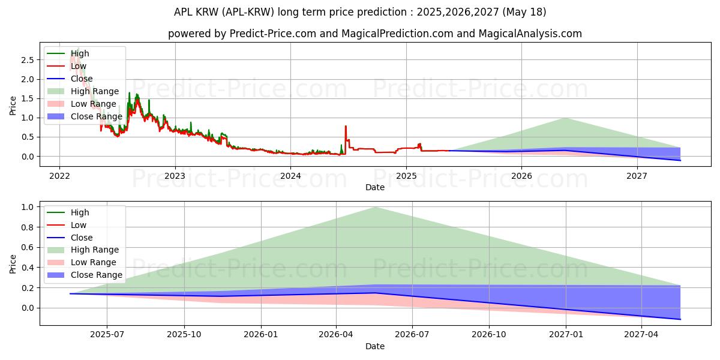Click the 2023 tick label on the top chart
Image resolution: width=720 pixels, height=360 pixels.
coord(175,176)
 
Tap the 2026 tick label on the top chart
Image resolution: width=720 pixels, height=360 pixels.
coord(521,176)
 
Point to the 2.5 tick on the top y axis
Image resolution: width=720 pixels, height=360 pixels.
coord(26,60)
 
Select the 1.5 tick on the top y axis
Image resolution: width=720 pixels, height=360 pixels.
coord(26,98)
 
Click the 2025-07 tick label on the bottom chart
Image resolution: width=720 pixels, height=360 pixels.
coord(107,335)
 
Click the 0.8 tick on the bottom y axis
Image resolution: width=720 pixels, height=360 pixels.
coord(26,227)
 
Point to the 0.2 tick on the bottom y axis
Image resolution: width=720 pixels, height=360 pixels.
coord(26,288)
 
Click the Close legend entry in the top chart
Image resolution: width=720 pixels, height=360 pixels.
coord(82,79)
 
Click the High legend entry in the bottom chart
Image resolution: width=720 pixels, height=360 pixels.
coord(79,212)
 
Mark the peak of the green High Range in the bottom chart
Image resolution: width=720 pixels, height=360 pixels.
coord(375,208)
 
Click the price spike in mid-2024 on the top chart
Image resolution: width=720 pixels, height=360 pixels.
coord(346,127)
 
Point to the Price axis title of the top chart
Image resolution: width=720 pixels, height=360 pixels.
coord(13,106)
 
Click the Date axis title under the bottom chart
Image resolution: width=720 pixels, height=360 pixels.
coord(375,346)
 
